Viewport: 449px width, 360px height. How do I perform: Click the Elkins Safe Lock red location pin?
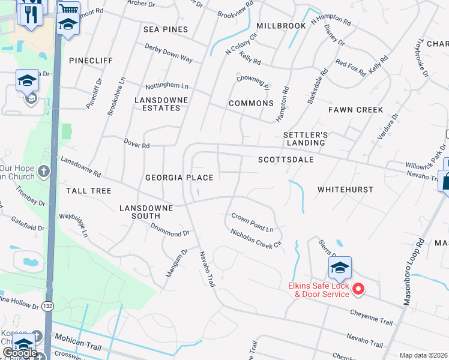(358, 289)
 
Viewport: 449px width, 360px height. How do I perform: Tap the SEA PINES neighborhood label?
(166, 29)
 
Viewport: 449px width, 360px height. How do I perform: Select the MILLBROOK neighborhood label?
(281, 26)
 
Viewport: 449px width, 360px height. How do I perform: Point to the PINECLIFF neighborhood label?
(91, 61)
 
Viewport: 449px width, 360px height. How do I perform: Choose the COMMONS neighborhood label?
(251, 103)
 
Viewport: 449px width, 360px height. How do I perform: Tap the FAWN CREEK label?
(355, 110)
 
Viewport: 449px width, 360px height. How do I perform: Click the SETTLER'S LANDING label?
(305, 139)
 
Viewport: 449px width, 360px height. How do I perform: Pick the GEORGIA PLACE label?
(179, 178)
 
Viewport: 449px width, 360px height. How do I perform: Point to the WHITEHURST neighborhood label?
(345, 190)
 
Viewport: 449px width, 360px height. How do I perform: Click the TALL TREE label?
(89, 191)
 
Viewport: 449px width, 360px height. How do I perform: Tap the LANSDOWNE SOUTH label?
(146, 212)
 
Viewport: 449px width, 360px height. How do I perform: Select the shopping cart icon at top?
(68, 9)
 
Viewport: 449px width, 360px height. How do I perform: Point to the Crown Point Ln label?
(253, 223)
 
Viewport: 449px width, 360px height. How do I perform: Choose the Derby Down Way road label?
(168, 53)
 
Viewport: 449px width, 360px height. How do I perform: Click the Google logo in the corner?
(19, 353)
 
